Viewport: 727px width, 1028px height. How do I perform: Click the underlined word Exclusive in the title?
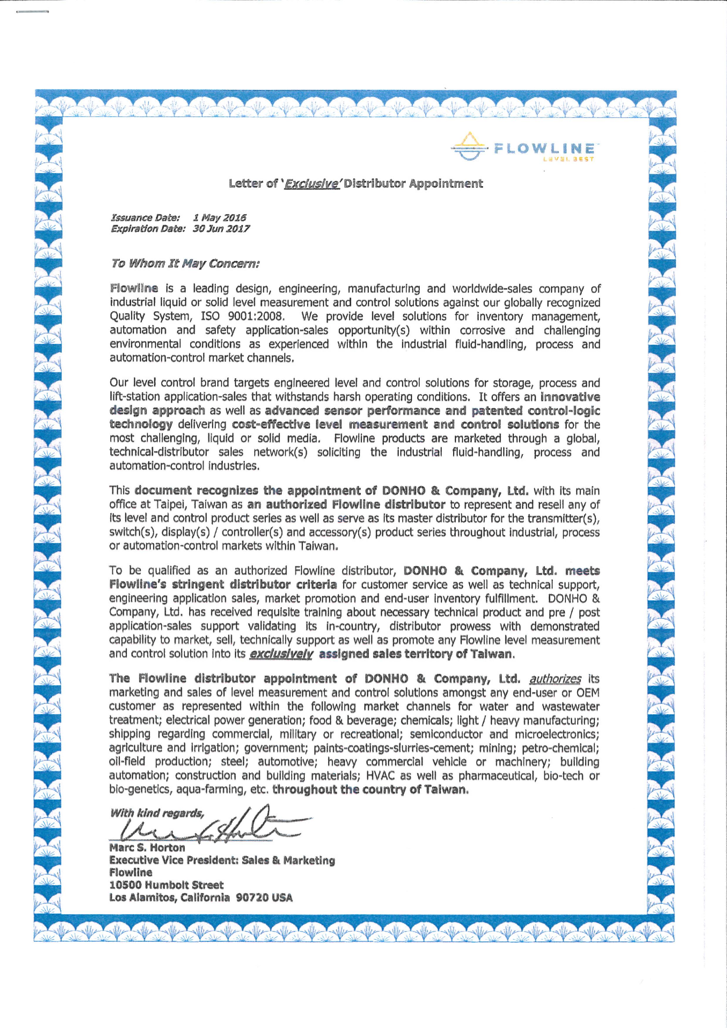point(311,184)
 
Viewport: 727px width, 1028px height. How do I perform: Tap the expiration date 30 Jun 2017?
point(221,229)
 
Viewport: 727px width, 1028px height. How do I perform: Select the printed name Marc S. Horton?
point(147,848)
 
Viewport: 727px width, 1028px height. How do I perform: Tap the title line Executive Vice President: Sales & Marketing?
point(222,860)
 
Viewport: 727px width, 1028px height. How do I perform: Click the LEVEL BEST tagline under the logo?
point(568,159)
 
